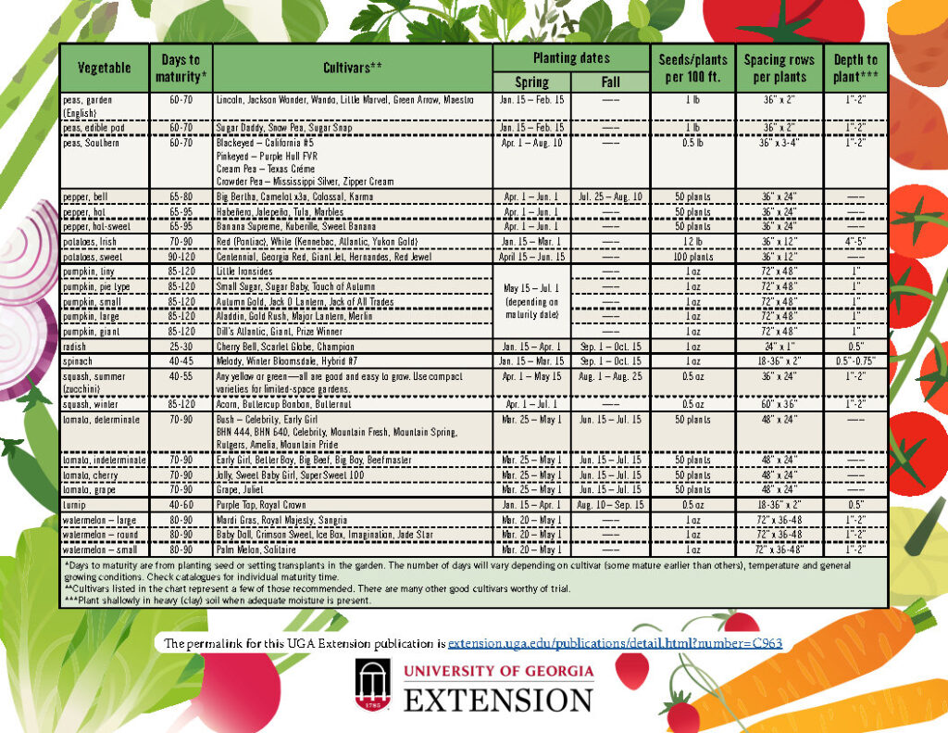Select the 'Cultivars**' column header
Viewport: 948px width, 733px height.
[352, 68]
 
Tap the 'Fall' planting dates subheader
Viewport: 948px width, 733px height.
[610, 82]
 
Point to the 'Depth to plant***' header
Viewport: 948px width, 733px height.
[854, 68]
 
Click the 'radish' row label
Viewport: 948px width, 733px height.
[76, 345]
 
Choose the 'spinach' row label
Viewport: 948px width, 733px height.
[79, 360]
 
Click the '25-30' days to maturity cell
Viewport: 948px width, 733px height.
[181, 345]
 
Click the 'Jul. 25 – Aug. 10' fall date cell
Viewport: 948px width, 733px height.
[610, 197]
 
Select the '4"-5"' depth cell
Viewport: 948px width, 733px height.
[854, 241]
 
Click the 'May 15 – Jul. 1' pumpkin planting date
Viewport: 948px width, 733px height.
[530, 288]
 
